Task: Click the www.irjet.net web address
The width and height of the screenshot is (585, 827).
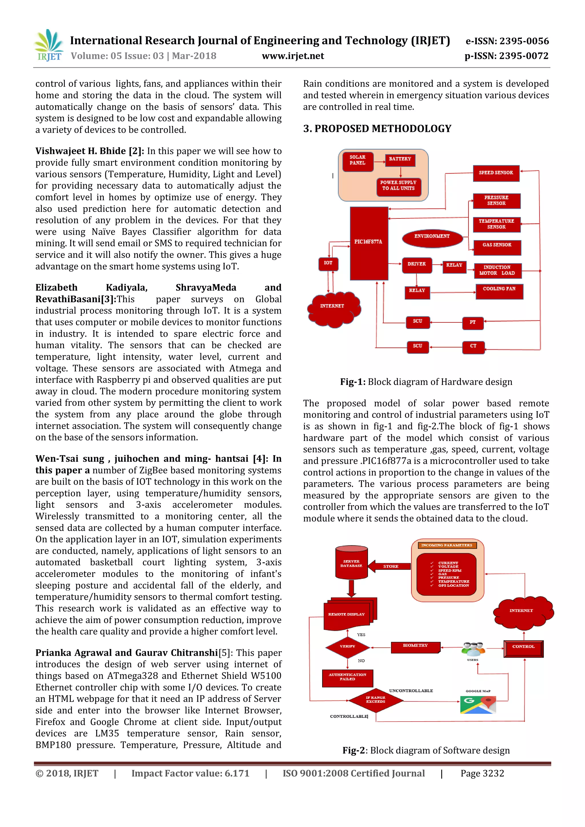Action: (x=292, y=56)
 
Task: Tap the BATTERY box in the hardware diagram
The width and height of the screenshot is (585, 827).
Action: (x=400, y=160)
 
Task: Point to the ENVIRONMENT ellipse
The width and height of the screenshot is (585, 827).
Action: (x=432, y=237)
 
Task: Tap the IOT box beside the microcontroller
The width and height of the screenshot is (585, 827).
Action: (x=328, y=264)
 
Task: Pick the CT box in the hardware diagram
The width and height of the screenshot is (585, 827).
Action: (x=473, y=346)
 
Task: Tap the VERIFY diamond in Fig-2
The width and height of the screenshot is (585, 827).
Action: (x=347, y=647)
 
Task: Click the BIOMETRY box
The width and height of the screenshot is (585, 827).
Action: (x=415, y=647)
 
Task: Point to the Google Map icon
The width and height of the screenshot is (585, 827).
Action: (x=478, y=704)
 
